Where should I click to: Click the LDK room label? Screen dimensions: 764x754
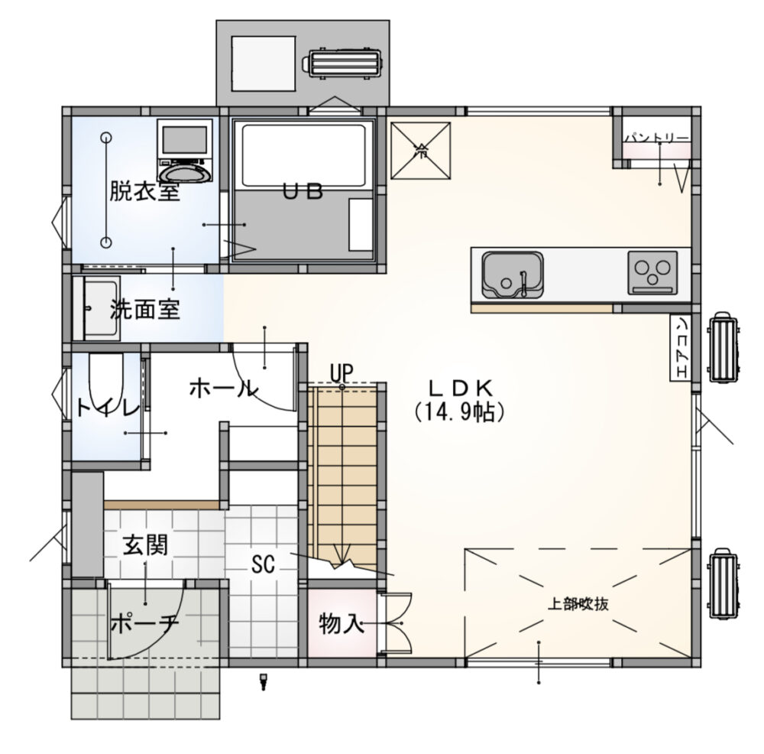click(461, 388)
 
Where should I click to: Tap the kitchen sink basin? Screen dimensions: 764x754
click(513, 274)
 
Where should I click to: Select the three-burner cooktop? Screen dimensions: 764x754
click(652, 273)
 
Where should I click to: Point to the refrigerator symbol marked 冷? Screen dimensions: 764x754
click(420, 151)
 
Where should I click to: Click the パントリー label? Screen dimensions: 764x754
click(657, 138)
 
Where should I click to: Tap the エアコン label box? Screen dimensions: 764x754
click(681, 348)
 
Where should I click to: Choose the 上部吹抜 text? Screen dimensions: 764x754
click(578, 604)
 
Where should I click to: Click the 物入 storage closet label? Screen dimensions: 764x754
click(342, 623)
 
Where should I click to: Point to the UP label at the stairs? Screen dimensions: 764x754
click(342, 373)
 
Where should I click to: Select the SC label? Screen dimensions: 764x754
click(263, 564)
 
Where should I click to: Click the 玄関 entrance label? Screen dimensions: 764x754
click(145, 544)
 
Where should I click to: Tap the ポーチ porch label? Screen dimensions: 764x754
click(144, 622)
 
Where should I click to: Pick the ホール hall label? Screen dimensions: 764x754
click(223, 388)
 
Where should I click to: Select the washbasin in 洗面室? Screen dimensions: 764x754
click(96, 308)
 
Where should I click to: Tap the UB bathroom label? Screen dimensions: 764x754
click(303, 192)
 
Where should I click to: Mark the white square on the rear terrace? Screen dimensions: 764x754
click(264, 63)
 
